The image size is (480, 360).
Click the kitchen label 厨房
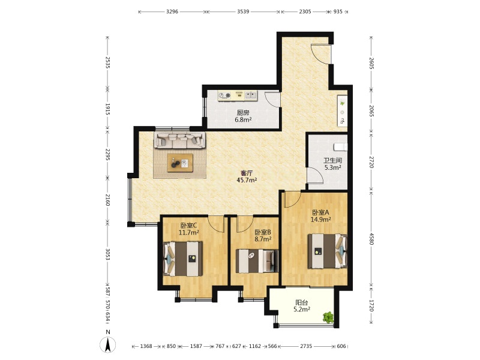click(243, 113)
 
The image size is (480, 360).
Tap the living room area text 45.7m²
click(247, 180)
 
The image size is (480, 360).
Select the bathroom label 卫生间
click(333, 160)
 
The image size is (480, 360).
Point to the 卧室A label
click(320, 212)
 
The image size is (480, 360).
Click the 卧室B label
click(263, 232)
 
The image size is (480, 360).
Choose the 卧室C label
click(188, 226)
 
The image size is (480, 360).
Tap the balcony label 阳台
click(302, 302)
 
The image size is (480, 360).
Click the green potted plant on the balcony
click(328, 317)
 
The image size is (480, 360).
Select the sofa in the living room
click(179, 140)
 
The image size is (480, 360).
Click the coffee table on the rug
click(180, 163)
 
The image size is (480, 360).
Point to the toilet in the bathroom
click(341, 147)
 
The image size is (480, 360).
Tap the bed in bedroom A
click(328, 251)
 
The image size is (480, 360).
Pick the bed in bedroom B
click(257, 261)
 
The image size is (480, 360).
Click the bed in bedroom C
click(183, 259)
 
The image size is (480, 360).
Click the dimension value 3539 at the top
click(243, 11)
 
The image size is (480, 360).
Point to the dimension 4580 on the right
click(371, 239)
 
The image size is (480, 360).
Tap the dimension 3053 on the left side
click(107, 254)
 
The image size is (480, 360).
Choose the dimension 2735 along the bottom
click(306, 346)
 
